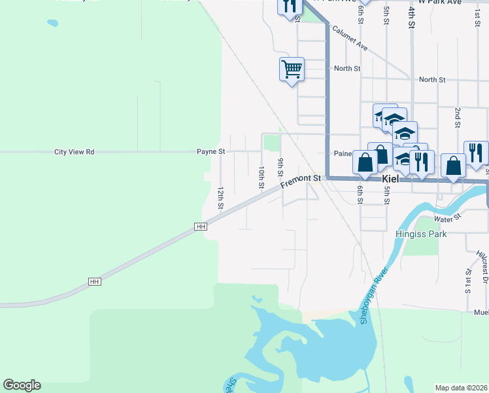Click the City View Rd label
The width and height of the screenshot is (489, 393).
point(74,152)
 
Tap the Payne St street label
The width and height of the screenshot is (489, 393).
point(211,151)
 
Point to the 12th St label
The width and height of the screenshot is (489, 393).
point(221,198)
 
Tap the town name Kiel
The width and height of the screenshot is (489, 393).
point(390,178)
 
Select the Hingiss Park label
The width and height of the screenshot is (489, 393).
point(420,234)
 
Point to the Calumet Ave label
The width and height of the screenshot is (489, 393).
point(350,39)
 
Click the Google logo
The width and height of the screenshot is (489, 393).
point(22,385)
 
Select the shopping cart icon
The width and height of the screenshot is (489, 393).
point(292,68)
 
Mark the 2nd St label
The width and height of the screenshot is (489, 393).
point(458,116)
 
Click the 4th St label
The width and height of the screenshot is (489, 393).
point(411,18)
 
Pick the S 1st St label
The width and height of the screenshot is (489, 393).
point(468,280)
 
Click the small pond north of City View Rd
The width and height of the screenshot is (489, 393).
point(52,24)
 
